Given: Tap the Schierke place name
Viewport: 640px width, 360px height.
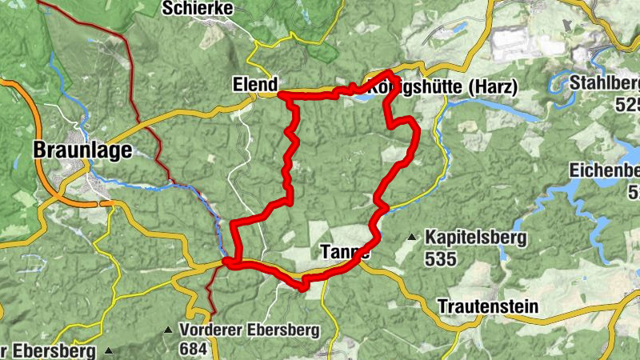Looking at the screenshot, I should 197,9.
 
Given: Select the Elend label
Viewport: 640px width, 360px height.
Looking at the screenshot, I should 254,84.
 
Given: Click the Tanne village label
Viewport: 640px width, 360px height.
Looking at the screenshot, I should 345,251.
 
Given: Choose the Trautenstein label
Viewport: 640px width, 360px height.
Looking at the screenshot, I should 487,307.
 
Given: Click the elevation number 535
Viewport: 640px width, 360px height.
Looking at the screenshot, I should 441,258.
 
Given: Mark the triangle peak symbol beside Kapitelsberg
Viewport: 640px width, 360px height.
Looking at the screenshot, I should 412,238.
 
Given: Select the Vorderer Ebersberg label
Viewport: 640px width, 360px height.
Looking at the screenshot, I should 250,330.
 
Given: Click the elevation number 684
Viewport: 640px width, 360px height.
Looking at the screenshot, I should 194,349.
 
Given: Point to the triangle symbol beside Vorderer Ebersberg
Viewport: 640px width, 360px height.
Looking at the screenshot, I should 168,330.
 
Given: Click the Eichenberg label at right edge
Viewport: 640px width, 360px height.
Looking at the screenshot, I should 604,170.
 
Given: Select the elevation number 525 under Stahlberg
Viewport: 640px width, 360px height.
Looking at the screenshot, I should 627,104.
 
